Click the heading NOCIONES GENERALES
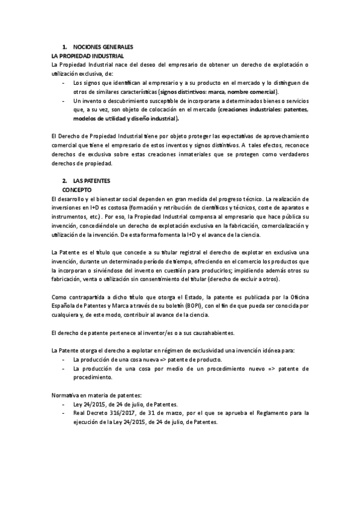coord(103,47)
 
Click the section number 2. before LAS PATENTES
coord(65,180)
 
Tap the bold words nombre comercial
coord(250,91)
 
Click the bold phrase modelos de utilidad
coord(101,118)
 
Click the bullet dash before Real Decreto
coord(65,413)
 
